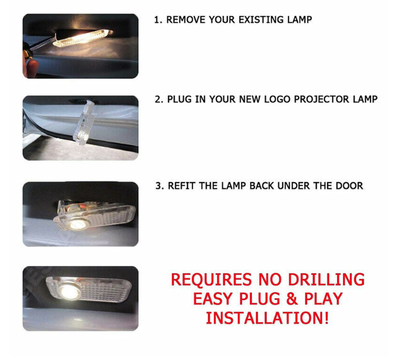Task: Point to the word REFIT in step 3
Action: click(182, 186)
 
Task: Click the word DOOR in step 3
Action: click(349, 186)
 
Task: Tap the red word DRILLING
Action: click(326, 279)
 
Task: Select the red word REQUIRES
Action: click(211, 279)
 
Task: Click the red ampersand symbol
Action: click(292, 299)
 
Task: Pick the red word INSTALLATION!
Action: click(267, 318)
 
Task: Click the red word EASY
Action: click(213, 299)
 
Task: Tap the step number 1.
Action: click(158, 20)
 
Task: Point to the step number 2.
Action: click(159, 99)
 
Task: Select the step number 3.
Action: click(160, 186)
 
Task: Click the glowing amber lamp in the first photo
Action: click(82, 39)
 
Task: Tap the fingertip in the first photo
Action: click(31, 68)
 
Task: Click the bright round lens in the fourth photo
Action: click(69, 291)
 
